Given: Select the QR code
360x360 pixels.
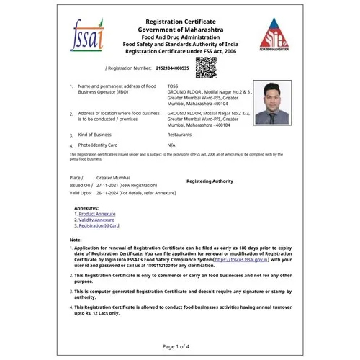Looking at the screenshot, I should point(207,67).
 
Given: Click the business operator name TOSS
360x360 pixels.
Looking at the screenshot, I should point(173,86).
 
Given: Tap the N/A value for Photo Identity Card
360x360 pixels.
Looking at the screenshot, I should point(171,145).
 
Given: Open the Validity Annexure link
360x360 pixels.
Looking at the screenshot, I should point(96,220).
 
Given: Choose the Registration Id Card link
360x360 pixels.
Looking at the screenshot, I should point(99,225).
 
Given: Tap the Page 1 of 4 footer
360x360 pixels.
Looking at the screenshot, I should point(176,346).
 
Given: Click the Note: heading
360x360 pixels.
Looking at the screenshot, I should point(76,239).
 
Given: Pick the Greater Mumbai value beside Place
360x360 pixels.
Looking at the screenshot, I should point(113,176).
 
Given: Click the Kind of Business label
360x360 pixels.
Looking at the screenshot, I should point(99,135).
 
